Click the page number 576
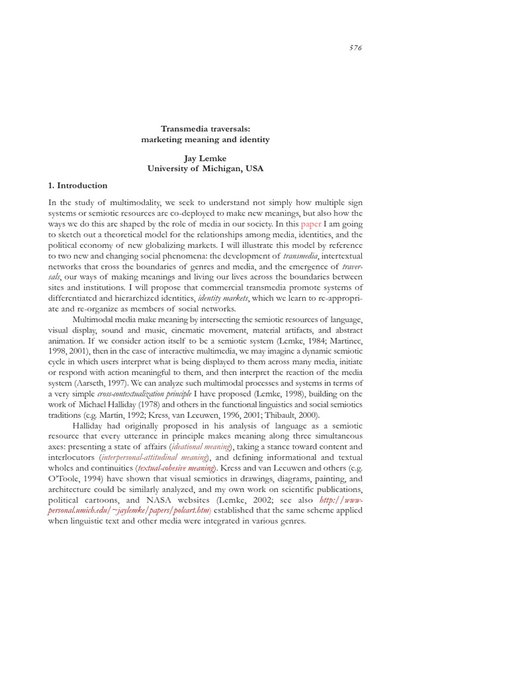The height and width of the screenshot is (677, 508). coord(355,48)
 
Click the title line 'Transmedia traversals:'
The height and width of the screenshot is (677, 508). coord(206,129)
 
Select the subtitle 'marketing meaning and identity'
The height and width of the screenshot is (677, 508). coord(206,139)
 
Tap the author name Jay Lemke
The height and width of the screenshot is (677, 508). coord(205,159)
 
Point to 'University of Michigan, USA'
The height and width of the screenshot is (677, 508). coord(205,169)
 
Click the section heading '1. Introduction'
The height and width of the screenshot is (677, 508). coord(78,186)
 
